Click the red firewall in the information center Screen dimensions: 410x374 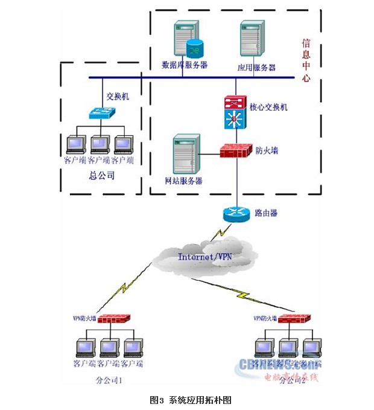coord(234,150)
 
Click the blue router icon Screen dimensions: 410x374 coord(236,213)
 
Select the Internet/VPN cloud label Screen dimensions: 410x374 coord(204,257)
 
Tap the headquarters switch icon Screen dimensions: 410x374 coord(100,112)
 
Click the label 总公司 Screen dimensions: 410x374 coord(101,176)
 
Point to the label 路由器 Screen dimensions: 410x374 coord(266,213)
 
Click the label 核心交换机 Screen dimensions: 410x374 coord(269,107)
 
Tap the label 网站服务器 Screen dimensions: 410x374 coord(183,181)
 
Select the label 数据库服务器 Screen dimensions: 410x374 coord(185,65)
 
